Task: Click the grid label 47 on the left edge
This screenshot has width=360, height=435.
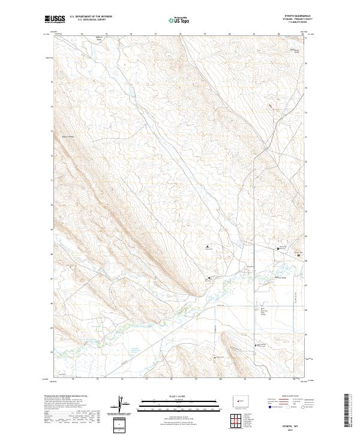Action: (x=53, y=279)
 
